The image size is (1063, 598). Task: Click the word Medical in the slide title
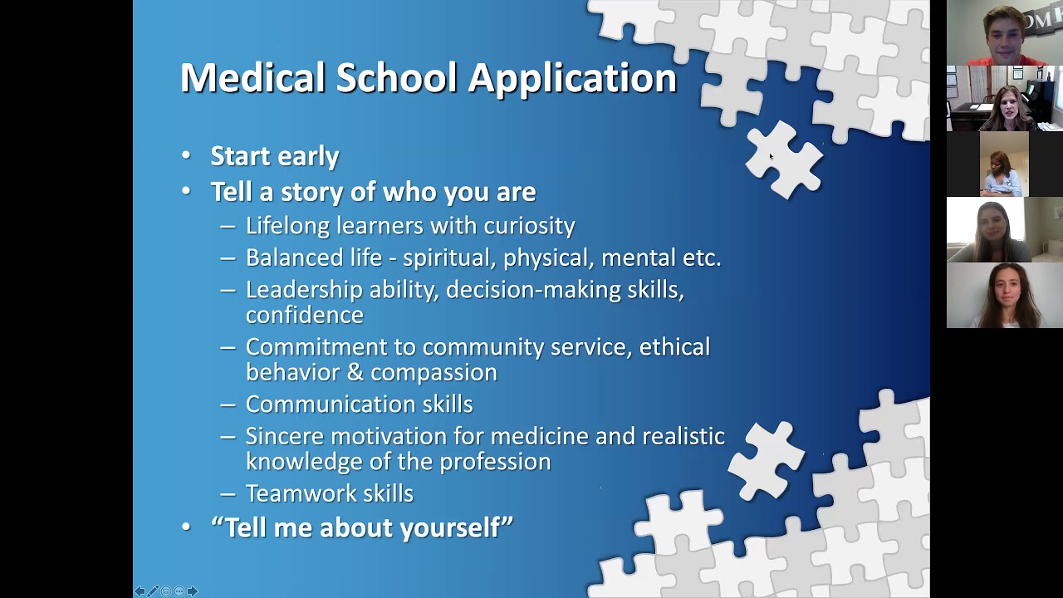(x=252, y=78)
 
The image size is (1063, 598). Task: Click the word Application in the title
(x=572, y=78)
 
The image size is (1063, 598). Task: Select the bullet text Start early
(x=274, y=156)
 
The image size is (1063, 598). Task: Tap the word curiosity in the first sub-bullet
(x=529, y=226)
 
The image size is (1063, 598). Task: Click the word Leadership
(x=304, y=290)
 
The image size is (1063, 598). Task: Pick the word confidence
(x=304, y=315)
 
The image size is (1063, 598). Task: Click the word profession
(x=495, y=462)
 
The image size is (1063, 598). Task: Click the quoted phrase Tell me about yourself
(x=362, y=527)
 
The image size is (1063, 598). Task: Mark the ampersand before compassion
(x=355, y=372)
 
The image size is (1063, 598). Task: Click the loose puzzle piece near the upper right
(x=783, y=160)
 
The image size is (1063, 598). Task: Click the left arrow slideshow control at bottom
(x=140, y=591)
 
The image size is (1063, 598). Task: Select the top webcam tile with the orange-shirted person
(x=1004, y=33)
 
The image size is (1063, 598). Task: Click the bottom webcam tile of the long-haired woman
(x=1004, y=296)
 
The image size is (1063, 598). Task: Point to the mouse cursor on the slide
(x=771, y=156)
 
